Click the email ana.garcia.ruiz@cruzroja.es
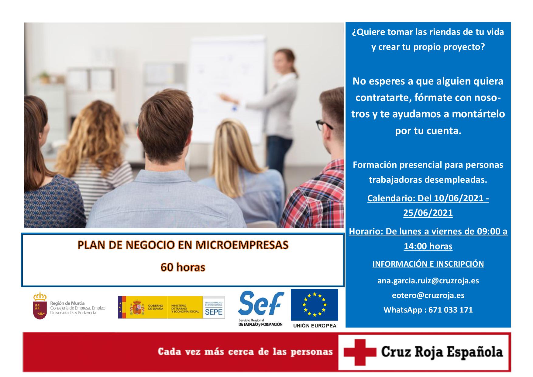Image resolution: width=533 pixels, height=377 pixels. coord(428,281)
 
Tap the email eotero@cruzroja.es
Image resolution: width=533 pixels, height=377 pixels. coord(428,295)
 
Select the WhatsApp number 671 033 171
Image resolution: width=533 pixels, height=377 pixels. coord(450,310)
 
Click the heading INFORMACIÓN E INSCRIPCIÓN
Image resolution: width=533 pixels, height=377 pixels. coord(428,264)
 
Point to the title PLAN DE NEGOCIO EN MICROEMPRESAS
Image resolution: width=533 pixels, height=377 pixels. coord(183,245)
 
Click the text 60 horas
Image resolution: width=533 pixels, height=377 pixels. coord(183,267)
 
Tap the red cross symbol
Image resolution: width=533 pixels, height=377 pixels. coord(360,352)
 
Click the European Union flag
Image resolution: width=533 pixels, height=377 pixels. coord(314,305)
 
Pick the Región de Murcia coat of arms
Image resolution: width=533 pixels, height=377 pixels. coord(40,306)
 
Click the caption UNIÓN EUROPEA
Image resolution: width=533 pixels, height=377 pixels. coord(315,326)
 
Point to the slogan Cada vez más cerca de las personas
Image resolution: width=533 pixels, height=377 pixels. coord(245,352)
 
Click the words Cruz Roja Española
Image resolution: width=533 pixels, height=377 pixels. coord(442,352)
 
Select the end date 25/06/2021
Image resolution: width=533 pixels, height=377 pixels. coord(428,213)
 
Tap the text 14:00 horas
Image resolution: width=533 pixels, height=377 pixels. coord(428,246)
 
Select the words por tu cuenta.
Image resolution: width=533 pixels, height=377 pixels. coord(428,131)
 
